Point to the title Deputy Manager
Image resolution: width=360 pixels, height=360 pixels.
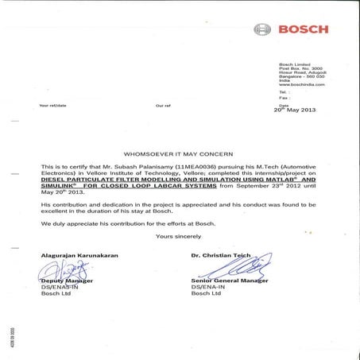pyautogui.click(x=66, y=281)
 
